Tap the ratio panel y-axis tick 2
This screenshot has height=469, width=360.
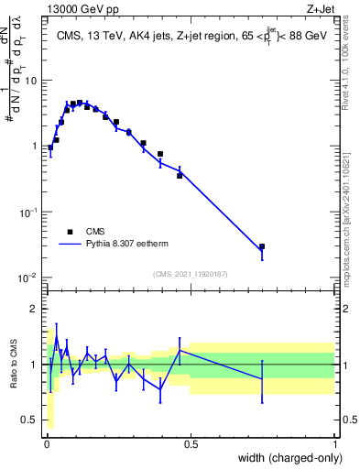34,309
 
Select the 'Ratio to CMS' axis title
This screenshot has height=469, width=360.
15,365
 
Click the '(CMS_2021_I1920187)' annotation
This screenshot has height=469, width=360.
190,274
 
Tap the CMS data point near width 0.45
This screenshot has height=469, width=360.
180,175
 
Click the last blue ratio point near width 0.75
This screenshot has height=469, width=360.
262,378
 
